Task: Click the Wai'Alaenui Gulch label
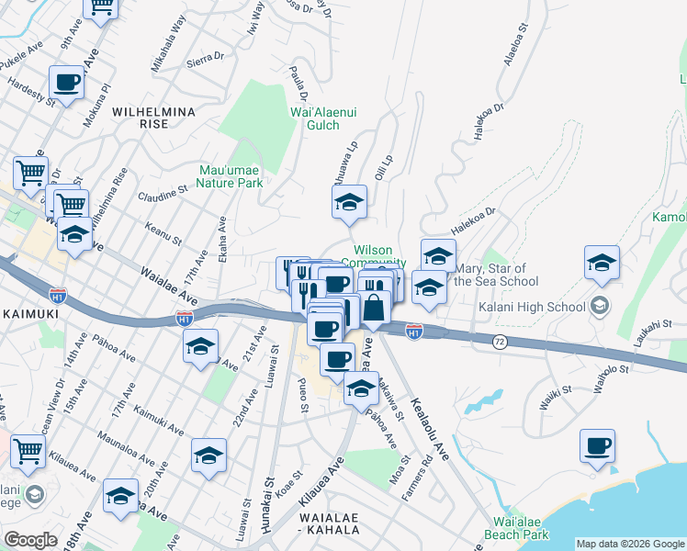(323, 118)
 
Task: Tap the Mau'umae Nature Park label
(231, 175)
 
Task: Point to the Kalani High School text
(532, 306)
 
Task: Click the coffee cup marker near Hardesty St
(68, 82)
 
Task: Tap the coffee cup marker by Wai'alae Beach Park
(597, 445)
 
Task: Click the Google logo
(30, 540)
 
